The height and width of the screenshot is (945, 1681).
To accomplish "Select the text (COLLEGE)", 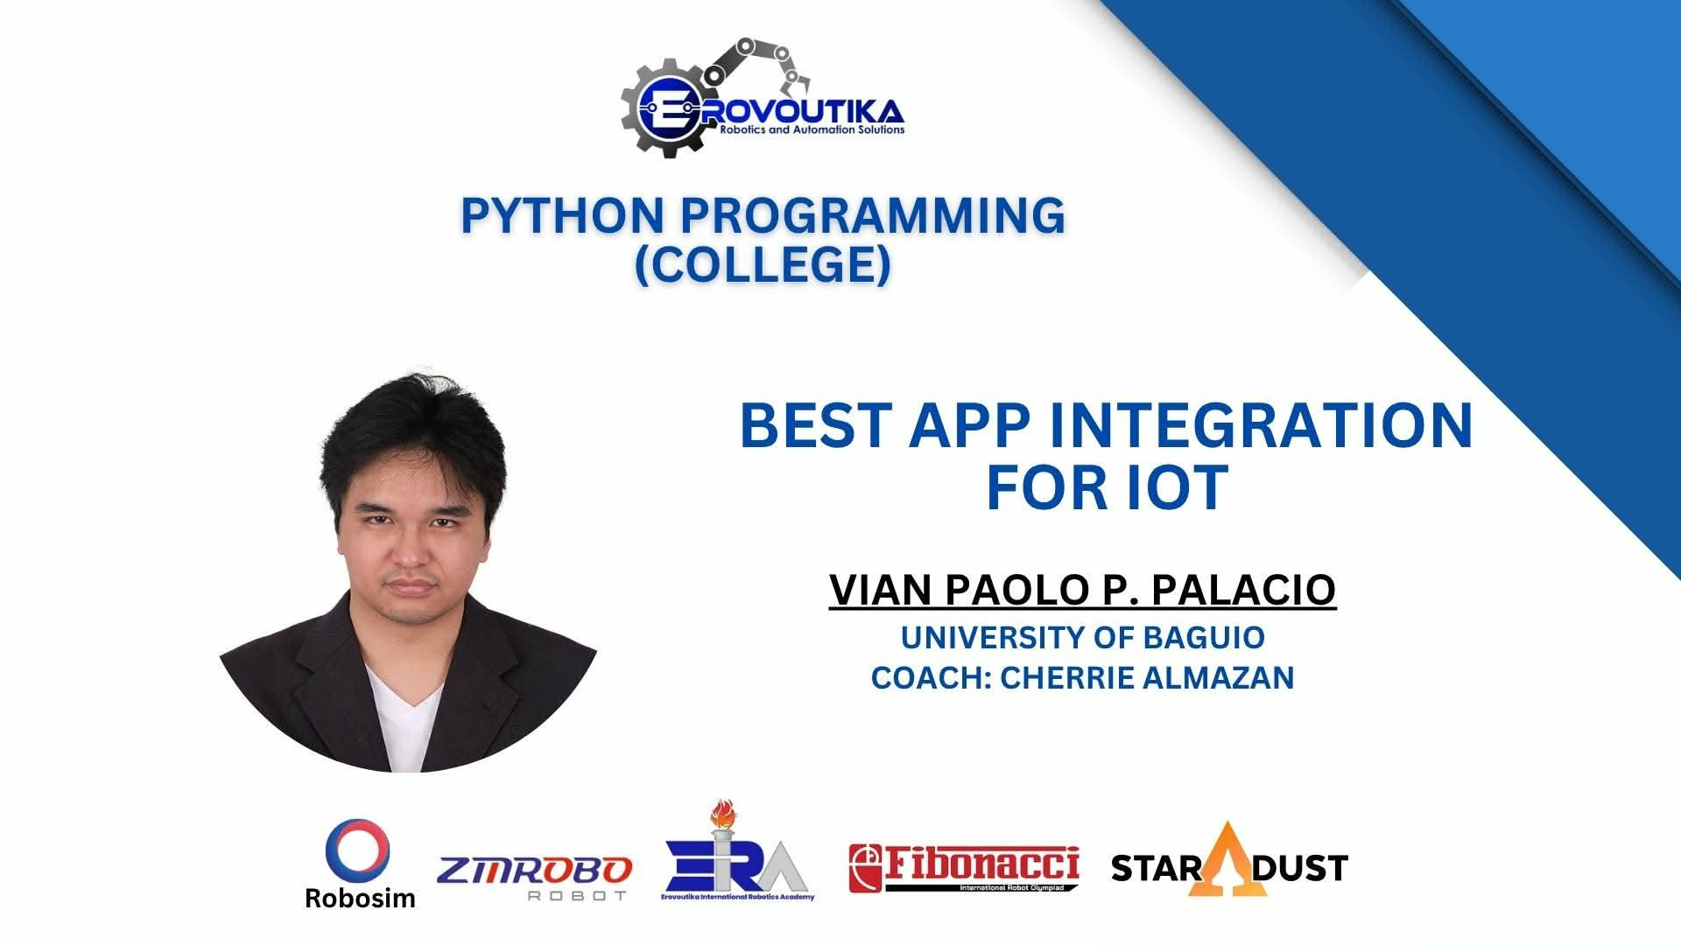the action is (x=763, y=264).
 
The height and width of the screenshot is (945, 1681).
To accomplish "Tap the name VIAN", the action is (x=881, y=590).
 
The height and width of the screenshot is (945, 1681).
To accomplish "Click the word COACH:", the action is (x=930, y=678).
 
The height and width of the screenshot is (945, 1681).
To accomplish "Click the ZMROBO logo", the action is (x=534, y=878).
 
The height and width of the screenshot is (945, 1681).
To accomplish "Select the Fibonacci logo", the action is (x=964, y=868).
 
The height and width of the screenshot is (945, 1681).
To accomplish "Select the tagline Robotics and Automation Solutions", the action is (x=812, y=129).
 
